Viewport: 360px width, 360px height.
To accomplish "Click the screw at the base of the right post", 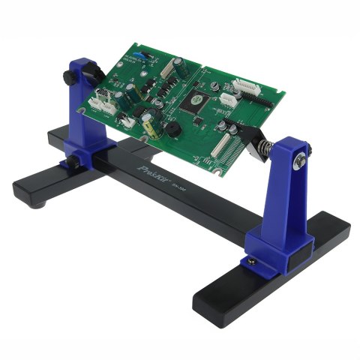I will click(252, 260).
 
